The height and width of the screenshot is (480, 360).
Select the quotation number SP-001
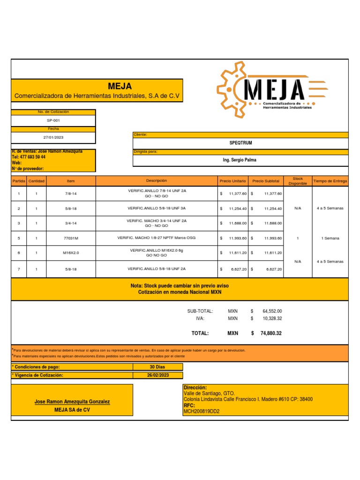tap(53, 120)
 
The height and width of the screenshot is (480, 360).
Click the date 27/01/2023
tap(53, 137)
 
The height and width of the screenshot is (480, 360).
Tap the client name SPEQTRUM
tap(240, 143)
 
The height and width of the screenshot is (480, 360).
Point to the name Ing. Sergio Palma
tap(240, 160)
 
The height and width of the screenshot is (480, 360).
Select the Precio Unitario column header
tap(232, 181)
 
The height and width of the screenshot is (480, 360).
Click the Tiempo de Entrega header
tap(330, 181)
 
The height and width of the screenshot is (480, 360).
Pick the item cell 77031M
tap(71, 238)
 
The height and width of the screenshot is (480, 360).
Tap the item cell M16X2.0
tap(71, 253)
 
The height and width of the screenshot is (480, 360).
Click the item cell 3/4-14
tap(71, 223)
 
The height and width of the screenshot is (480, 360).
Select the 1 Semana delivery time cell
tap(330, 238)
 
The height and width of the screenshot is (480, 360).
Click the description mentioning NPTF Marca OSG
tap(157, 238)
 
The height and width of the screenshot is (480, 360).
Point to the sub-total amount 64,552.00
tap(272, 311)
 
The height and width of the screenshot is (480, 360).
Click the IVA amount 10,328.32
tap(272, 318)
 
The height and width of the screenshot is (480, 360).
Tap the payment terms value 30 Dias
tap(158, 367)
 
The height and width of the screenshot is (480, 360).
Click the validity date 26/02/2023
tap(158, 375)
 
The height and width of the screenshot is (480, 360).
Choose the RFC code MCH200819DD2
tap(202, 412)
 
